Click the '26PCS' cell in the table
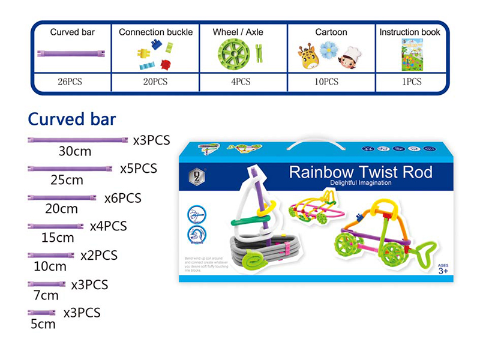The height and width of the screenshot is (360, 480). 72,82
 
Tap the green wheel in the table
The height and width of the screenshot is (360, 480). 238,53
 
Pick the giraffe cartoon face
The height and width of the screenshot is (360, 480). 308,56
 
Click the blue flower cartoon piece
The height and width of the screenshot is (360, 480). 328,50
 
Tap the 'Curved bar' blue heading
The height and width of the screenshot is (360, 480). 72,118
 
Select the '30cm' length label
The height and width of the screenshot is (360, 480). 74,151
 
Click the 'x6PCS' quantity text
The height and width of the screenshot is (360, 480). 122,198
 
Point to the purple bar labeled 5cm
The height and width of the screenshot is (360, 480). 41,313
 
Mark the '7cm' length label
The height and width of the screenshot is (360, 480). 46,295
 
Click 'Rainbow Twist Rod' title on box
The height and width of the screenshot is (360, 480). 361,173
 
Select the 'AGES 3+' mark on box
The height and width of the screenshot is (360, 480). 443,269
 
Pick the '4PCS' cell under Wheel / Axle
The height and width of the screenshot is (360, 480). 242,82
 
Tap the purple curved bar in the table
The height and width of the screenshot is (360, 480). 71,53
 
